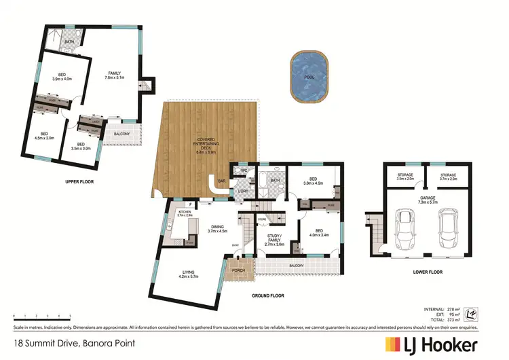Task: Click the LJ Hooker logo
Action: point(431,344)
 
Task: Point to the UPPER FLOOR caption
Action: point(79,183)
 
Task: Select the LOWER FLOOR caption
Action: point(427,272)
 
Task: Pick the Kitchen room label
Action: point(185,214)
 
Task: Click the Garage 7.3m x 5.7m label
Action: point(427,202)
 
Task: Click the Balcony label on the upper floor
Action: point(122,134)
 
